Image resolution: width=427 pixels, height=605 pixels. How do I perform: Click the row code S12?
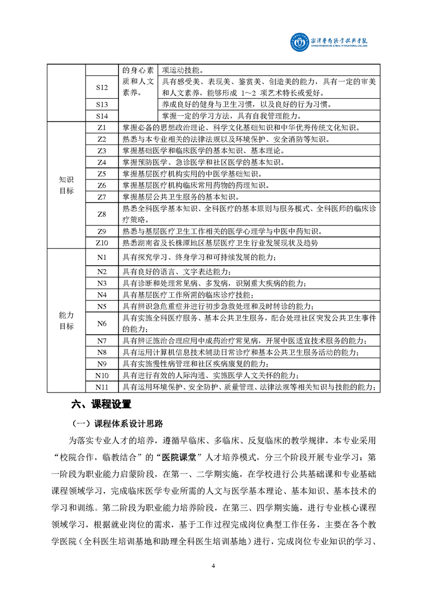point(102,87)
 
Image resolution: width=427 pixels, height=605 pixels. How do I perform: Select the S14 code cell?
point(102,116)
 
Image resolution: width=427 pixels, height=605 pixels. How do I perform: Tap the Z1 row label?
point(102,128)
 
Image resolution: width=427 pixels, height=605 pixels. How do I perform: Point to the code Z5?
point(102,174)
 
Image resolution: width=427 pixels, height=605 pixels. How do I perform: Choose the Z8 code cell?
point(102,214)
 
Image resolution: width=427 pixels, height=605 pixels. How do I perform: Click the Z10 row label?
point(102,243)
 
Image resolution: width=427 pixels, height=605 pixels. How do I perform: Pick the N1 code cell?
point(102,257)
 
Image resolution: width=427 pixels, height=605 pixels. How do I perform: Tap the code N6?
point(102,324)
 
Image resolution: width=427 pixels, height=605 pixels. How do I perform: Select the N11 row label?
point(102,387)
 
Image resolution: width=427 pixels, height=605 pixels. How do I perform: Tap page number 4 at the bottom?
point(214,566)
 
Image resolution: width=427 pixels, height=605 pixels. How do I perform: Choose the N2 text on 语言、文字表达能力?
point(177,271)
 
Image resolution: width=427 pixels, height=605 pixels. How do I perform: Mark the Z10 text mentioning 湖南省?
point(220,243)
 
